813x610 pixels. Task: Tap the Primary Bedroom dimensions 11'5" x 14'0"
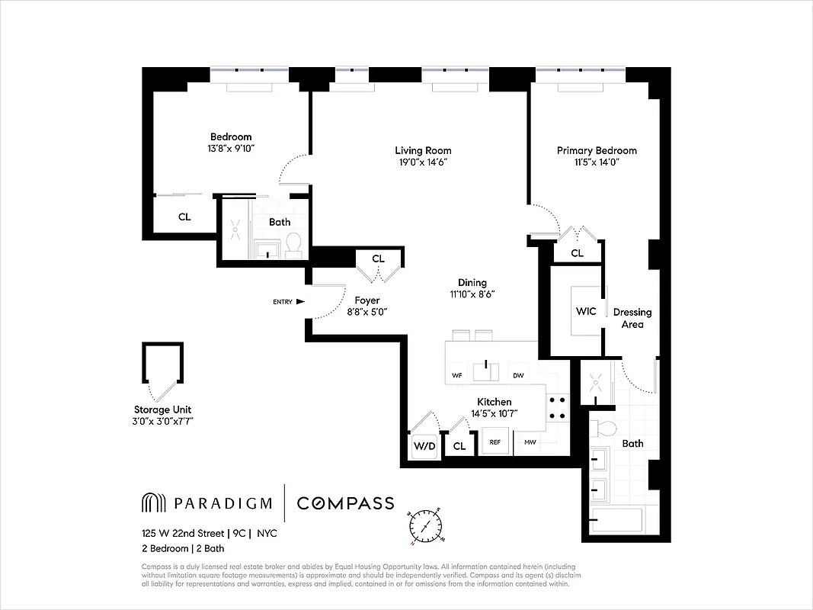coord(597,162)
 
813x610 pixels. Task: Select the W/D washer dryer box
coord(424,446)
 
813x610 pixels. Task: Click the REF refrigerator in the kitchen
coord(495,441)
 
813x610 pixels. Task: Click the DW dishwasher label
coord(518,375)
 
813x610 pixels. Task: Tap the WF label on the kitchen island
coord(457,375)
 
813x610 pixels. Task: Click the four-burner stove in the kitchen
coord(557,407)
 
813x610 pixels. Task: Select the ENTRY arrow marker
coord(300,302)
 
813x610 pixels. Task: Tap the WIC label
coord(586,311)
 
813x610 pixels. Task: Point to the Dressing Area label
coord(632,318)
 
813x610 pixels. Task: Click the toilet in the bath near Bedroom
coord(293,244)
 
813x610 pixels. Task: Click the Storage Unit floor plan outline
coord(162,369)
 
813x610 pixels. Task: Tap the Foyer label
coord(366,300)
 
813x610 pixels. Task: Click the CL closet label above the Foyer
coord(378,259)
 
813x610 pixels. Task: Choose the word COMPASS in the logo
coord(345,503)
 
